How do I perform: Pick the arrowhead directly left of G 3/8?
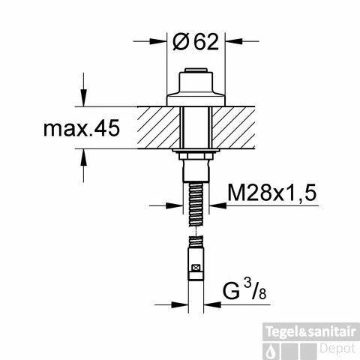(x=181, y=304)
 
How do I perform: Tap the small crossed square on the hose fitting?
(x=196, y=268)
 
